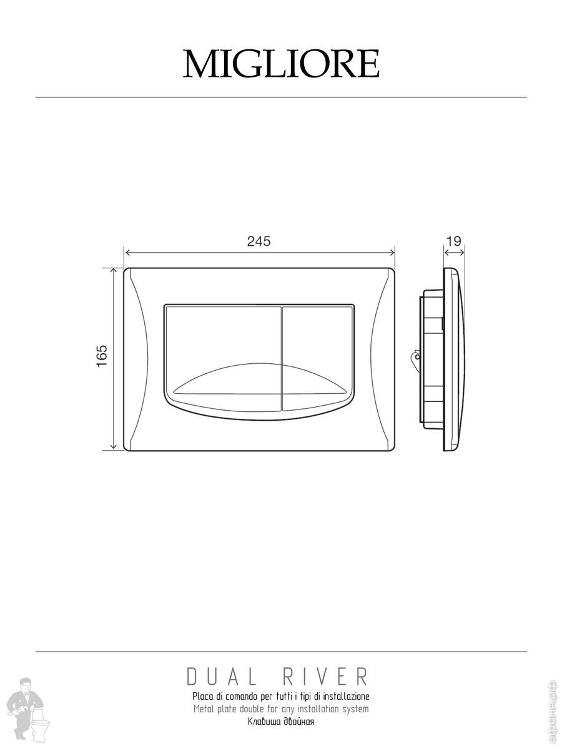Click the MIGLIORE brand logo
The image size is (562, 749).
pos(281,64)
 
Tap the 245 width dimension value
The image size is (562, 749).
pos(259,242)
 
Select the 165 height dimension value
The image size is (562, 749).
pos(102,356)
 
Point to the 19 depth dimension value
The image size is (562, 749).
pos(454,242)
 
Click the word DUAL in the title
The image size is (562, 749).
pos(221,677)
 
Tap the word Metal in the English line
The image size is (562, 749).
pos(204,708)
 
